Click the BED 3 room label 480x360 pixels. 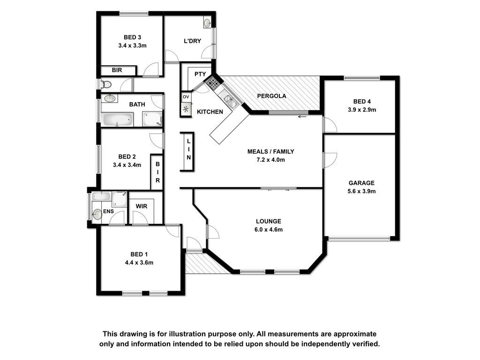pyautogui.click(x=132, y=37)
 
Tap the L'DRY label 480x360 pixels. pyautogui.click(x=192, y=41)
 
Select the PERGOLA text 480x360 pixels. pyautogui.click(x=271, y=96)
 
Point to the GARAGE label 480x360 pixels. pyautogui.click(x=361, y=183)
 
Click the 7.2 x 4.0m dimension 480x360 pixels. pyautogui.click(x=270, y=159)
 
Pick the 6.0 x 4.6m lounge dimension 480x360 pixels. pyautogui.click(x=269, y=229)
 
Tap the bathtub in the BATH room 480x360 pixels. pyautogui.click(x=118, y=120)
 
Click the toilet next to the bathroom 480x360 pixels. pyautogui.click(x=105, y=84)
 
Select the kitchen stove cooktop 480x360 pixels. pyautogui.click(x=212, y=82)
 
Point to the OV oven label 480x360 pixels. pyautogui.click(x=186, y=97)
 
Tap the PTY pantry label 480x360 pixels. pyautogui.click(x=200, y=74)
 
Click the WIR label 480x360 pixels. pyautogui.click(x=142, y=206)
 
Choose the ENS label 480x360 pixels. pyautogui.click(x=108, y=211)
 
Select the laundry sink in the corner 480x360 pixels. pyautogui.click(x=207, y=23)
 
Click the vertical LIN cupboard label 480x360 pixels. pyautogui.click(x=188, y=150)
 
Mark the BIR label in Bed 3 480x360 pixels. pyautogui.click(x=117, y=70)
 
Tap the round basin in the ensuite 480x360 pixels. pyautogui.click(x=97, y=214)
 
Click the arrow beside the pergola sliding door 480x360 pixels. pyautogui.click(x=302, y=116)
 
